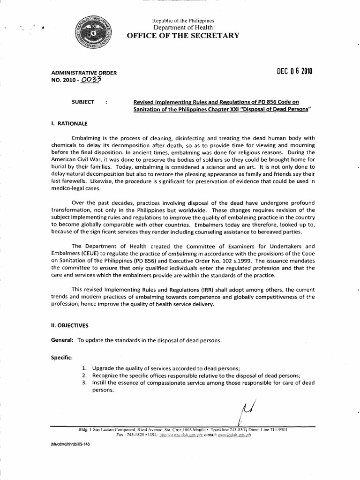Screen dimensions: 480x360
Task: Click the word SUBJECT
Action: (82, 102)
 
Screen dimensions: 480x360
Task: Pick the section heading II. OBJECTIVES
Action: (69, 325)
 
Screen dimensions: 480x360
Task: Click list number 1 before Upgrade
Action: (83, 368)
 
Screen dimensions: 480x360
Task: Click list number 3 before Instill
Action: (83, 383)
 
